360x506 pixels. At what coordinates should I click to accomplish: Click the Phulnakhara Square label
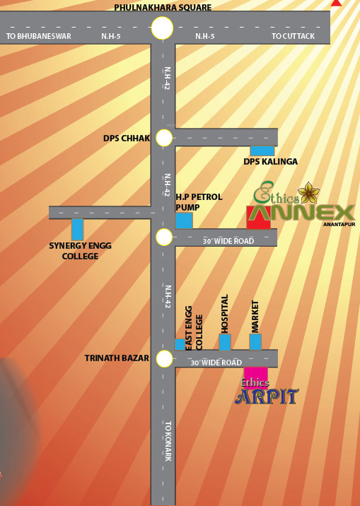pyautogui.click(x=163, y=7)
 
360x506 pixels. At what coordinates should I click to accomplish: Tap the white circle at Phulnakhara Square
pyautogui.click(x=163, y=28)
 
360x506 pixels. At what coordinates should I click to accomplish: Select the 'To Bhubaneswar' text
pyautogui.click(x=38, y=36)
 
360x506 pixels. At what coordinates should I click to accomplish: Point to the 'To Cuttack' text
pyautogui.click(x=293, y=36)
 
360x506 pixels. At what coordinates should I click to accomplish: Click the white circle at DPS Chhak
pyautogui.click(x=164, y=138)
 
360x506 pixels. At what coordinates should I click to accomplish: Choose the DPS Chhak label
pyautogui.click(x=127, y=138)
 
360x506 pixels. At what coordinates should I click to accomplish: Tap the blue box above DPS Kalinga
pyautogui.click(x=262, y=151)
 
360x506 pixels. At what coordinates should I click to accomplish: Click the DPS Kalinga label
pyautogui.click(x=271, y=161)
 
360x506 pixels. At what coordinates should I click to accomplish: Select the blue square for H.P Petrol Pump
pyautogui.click(x=184, y=220)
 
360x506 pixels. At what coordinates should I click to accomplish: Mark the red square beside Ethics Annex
pyautogui.click(x=258, y=218)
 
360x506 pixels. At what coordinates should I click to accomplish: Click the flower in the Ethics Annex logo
pyautogui.click(x=309, y=193)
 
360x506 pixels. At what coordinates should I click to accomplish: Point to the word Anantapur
pyautogui.click(x=339, y=224)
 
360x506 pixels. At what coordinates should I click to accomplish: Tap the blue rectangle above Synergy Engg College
pyautogui.click(x=78, y=230)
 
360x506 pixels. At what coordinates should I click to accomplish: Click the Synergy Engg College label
pyautogui.click(x=80, y=251)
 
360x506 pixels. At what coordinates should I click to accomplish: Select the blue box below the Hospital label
pyautogui.click(x=225, y=342)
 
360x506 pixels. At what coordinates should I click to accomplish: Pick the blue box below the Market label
pyautogui.click(x=255, y=342)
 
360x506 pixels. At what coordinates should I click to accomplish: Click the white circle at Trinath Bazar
pyautogui.click(x=164, y=358)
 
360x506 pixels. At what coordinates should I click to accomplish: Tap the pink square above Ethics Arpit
pyautogui.click(x=256, y=376)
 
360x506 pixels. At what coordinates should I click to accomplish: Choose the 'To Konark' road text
pyautogui.click(x=168, y=441)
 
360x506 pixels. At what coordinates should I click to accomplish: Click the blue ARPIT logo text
pyautogui.click(x=267, y=396)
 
